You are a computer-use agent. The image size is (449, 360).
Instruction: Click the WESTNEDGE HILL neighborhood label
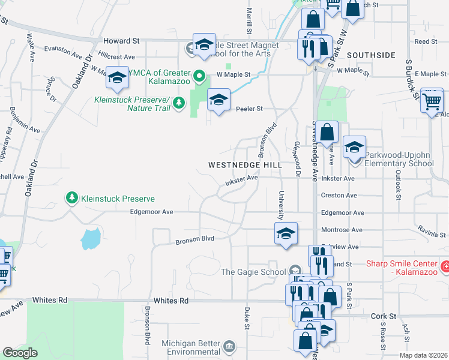(x=244, y=164)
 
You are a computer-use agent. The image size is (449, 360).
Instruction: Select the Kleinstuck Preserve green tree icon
(x=71, y=198)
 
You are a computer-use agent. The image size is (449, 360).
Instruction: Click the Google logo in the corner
(x=20, y=353)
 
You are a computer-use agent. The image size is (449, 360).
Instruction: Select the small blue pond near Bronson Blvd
(x=91, y=238)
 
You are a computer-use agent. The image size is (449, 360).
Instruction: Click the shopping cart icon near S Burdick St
(x=432, y=101)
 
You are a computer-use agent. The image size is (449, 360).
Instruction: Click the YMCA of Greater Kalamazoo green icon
(x=202, y=76)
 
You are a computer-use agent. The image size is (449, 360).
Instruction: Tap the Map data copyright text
(x=423, y=355)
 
